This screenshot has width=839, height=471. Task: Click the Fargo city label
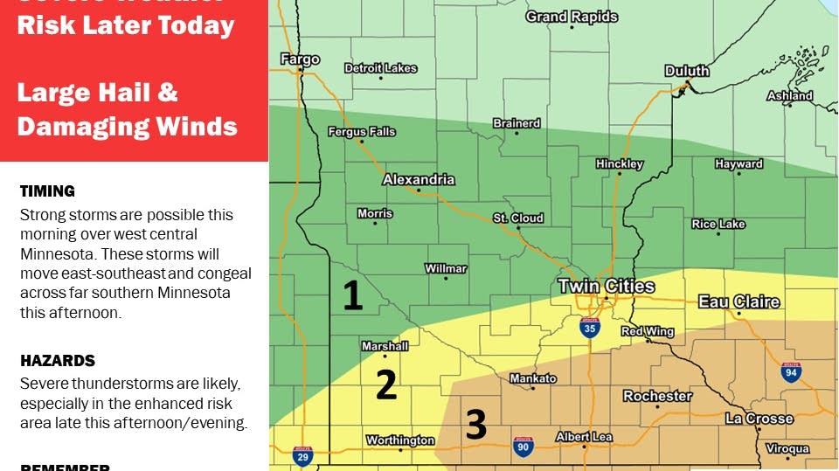[x=300, y=59]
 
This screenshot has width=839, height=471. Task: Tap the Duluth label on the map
[x=687, y=71]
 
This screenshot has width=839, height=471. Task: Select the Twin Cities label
[x=607, y=287]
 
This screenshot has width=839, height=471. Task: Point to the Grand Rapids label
[x=572, y=17]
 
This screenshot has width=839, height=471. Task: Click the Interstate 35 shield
[x=590, y=328]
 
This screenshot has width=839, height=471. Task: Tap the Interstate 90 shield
[x=524, y=447]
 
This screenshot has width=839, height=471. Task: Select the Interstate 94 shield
[x=791, y=372]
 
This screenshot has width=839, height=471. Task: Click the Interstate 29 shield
[x=302, y=455]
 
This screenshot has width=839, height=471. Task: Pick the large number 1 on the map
[x=352, y=296]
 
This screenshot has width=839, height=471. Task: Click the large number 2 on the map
[x=386, y=384]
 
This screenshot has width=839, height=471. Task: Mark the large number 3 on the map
[x=475, y=424]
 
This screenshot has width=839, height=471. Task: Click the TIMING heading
[x=47, y=191]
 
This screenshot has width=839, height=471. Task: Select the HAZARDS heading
[x=57, y=361]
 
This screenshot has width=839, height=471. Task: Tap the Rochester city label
[x=657, y=396]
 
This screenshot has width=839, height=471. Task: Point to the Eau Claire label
[x=738, y=302]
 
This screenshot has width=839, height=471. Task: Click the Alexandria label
[x=419, y=180]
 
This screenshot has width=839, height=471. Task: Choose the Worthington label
[x=399, y=440]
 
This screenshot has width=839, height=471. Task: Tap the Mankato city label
[x=532, y=378]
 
